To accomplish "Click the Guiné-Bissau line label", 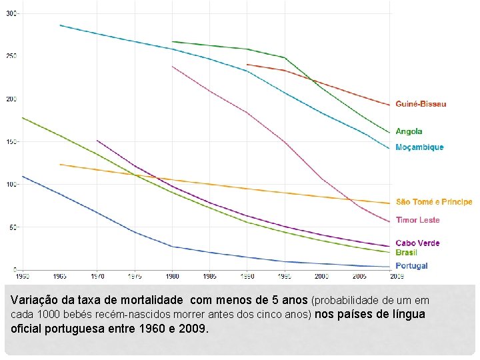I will coord(421,104).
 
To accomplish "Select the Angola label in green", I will coord(409,131).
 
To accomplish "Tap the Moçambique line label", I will coord(419,147).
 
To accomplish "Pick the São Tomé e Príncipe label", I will coord(433,201).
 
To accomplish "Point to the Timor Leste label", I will coord(417,220).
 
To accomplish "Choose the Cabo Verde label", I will coord(417,243).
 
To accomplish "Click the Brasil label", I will coord(406,253).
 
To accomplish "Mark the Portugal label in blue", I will coord(411,266).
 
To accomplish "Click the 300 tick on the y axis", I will coord(12,13).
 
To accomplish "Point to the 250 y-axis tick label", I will coord(12,56).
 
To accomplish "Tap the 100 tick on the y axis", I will coord(12,185).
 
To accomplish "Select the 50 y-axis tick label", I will coord(13,227).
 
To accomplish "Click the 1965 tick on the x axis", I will coord(60,275).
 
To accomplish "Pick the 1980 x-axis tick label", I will coord(172,275).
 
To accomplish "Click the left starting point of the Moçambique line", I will coord(60,25).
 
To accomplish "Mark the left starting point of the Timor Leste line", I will coord(172,66).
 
